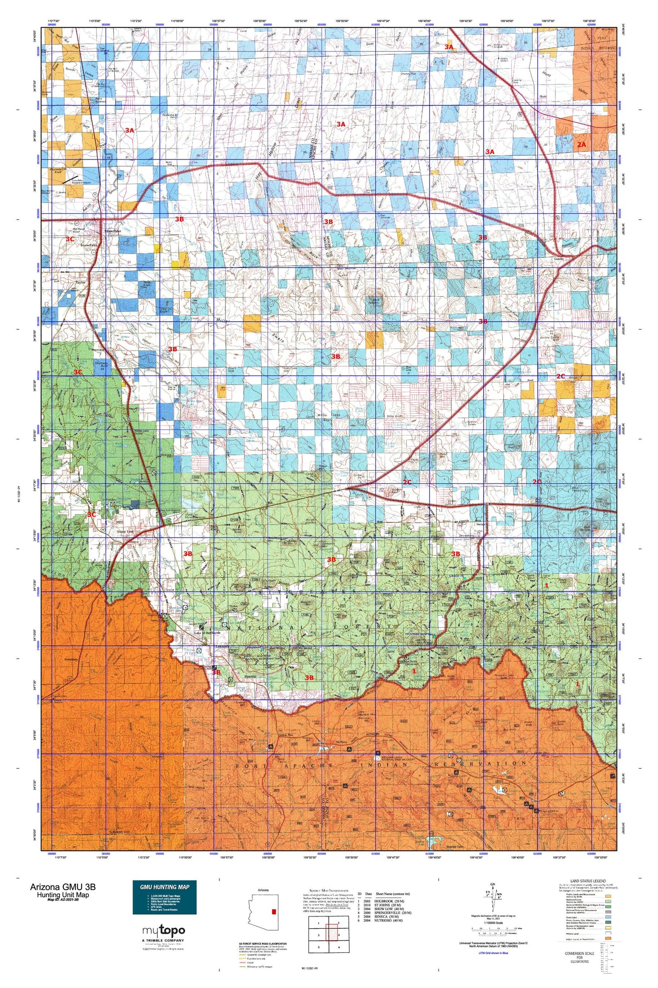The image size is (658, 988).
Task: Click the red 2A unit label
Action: tap(581, 144)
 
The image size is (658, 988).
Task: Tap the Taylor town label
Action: tap(81, 283)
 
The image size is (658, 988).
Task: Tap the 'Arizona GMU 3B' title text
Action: tap(63, 887)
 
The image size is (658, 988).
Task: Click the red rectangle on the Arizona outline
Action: tap(274, 911)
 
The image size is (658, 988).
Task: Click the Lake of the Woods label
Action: tap(209, 633)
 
